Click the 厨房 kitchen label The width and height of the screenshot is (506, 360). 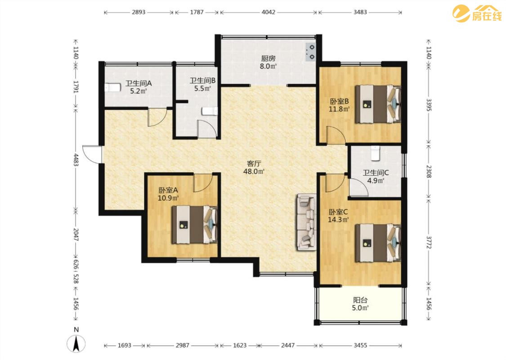click(269, 58)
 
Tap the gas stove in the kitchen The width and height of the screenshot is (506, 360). click(310, 52)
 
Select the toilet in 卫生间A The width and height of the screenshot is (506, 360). click(112, 87)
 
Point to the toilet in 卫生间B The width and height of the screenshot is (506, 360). click(210, 111)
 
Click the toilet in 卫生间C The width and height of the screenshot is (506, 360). click(375, 153)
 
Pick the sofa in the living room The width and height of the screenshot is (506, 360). click(306, 221)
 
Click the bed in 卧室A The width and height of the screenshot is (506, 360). click(194, 225)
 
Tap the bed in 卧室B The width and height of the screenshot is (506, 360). click(378, 104)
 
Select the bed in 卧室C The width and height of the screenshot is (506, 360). click(378, 243)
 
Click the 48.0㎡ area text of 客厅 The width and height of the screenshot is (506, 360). click(254, 171)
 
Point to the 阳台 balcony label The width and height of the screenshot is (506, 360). click(360, 300)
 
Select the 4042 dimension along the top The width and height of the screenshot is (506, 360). click(269, 12)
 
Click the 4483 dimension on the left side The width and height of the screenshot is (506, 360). click(76, 159)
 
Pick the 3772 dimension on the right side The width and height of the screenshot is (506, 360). click(429, 242)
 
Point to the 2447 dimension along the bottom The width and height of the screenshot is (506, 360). click(288, 345)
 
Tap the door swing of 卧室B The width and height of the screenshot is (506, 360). click(336, 135)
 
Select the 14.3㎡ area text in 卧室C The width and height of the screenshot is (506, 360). click(338, 220)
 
